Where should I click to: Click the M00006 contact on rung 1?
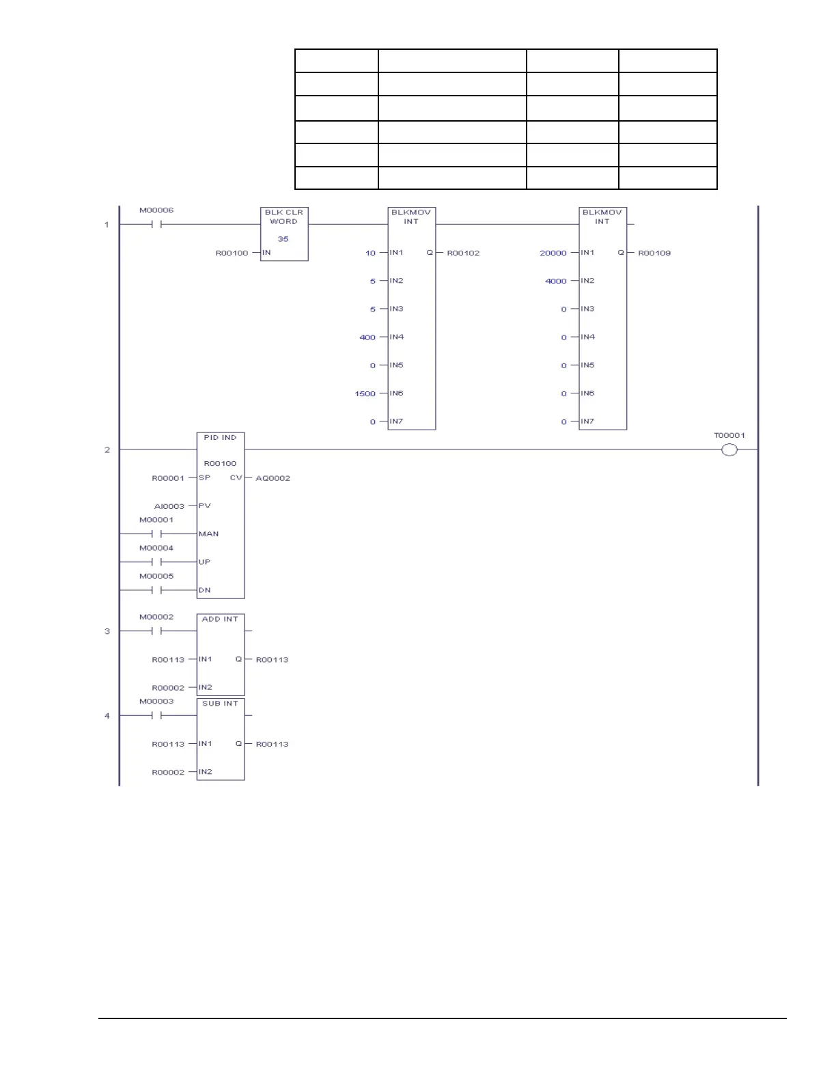tap(156, 224)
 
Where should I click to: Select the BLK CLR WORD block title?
tap(283, 217)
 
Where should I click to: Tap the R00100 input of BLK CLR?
tap(232, 253)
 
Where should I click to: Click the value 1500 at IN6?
tap(365, 393)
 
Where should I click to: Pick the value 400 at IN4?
tap(367, 337)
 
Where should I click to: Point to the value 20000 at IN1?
tap(553, 253)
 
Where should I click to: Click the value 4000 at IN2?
tap(555, 281)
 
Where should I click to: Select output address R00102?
tap(463, 253)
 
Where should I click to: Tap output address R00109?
tap(654, 253)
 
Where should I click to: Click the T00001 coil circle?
tap(729, 449)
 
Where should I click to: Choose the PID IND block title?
tap(220, 437)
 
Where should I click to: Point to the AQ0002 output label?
tap(273, 478)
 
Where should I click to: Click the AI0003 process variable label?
tap(169, 506)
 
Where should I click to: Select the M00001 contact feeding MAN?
tap(156, 533)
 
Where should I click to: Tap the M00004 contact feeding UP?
tap(156, 561)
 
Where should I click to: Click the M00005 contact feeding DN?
tap(156, 590)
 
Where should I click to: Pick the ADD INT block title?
tap(220, 619)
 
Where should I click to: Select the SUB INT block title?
tap(220, 704)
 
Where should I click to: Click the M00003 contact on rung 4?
tap(156, 715)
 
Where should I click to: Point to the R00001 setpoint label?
tap(168, 478)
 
